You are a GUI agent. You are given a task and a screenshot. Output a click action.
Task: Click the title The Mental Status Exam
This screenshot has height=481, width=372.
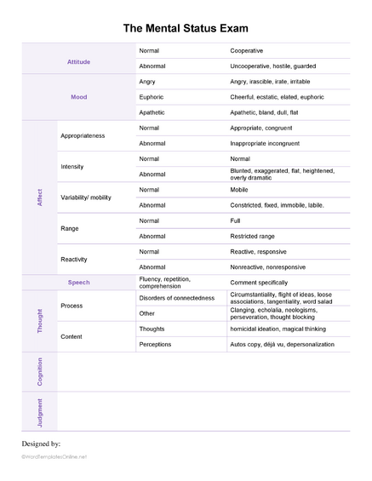click(186, 29)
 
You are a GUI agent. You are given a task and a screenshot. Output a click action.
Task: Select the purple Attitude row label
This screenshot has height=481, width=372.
click(78, 62)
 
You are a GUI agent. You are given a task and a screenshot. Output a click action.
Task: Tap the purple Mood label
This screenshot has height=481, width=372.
click(78, 97)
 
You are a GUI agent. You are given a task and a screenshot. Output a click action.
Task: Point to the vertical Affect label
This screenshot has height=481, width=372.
click(40, 197)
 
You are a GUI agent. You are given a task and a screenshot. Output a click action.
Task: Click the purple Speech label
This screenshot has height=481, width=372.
click(78, 282)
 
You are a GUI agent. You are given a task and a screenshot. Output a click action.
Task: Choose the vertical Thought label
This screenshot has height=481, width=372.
click(40, 321)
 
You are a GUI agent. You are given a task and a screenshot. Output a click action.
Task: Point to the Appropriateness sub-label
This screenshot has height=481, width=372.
click(83, 135)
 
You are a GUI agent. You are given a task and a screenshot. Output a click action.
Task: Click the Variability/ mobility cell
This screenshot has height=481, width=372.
click(86, 197)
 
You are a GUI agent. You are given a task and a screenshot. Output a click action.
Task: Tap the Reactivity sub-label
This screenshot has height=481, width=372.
click(76, 258)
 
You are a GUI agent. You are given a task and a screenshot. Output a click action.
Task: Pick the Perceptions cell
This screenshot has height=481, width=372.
click(156, 345)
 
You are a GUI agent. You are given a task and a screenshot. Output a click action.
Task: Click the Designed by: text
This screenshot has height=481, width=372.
click(40, 444)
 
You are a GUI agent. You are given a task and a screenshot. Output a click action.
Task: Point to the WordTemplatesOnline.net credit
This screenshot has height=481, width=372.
click(55, 457)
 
